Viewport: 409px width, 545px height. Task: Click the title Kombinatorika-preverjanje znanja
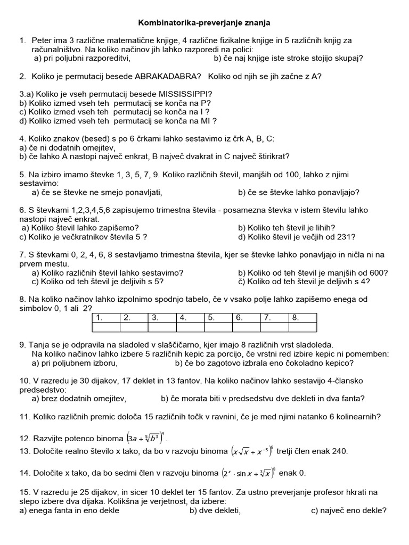click(x=204, y=23)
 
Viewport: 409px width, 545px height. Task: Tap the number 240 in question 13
click(x=339, y=451)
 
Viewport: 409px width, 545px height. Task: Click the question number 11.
click(x=24, y=417)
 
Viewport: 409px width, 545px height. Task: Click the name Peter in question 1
click(x=43, y=40)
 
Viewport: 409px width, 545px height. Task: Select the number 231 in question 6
click(x=345, y=237)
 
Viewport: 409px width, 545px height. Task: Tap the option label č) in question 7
click(x=241, y=282)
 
